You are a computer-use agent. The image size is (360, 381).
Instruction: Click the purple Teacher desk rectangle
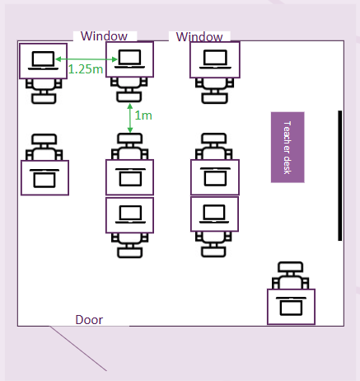pos(288,147)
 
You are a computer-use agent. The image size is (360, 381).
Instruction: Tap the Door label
pos(89,320)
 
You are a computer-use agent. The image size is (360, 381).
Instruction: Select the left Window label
pos(104,36)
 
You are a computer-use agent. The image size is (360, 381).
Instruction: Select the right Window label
pos(199,37)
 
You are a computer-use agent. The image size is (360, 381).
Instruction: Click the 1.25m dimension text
pos(86,69)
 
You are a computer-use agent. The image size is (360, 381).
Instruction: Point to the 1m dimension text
pos(143,115)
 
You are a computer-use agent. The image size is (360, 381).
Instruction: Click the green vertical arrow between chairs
pos(130,118)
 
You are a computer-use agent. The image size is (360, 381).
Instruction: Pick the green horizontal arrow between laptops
pos(86,59)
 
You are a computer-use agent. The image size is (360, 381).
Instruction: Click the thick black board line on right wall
pos(340,176)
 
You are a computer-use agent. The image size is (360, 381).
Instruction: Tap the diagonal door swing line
pos(78,349)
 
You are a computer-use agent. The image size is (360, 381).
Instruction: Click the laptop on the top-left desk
pos(43,60)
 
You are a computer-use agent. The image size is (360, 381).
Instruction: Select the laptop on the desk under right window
pos(215,59)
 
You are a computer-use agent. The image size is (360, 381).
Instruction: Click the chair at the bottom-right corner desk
pos(291,275)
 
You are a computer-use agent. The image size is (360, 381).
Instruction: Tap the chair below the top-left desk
pos(44,92)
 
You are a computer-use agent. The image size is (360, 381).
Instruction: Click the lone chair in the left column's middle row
pos(44,147)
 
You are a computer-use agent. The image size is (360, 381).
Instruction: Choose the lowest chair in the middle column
pos(129,245)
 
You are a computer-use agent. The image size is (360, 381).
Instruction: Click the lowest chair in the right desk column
pos(213,244)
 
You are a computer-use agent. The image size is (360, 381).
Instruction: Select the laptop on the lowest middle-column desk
pos(130,214)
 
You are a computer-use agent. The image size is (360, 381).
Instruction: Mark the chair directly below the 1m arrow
pos(130,146)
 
